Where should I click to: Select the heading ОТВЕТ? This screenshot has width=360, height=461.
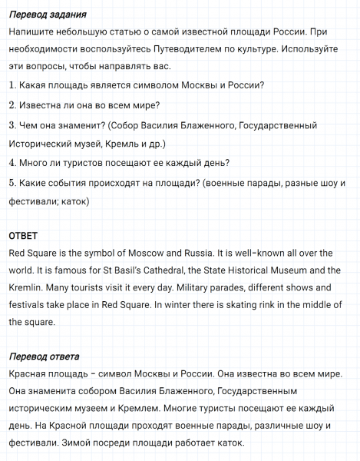point(23,235)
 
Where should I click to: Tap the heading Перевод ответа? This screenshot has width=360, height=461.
point(44,357)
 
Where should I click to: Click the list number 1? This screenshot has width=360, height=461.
point(12,85)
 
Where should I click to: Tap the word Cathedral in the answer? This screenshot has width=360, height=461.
point(153,270)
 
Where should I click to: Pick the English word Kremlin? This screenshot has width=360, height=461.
point(28,287)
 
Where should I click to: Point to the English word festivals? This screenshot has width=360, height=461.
point(29,305)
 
